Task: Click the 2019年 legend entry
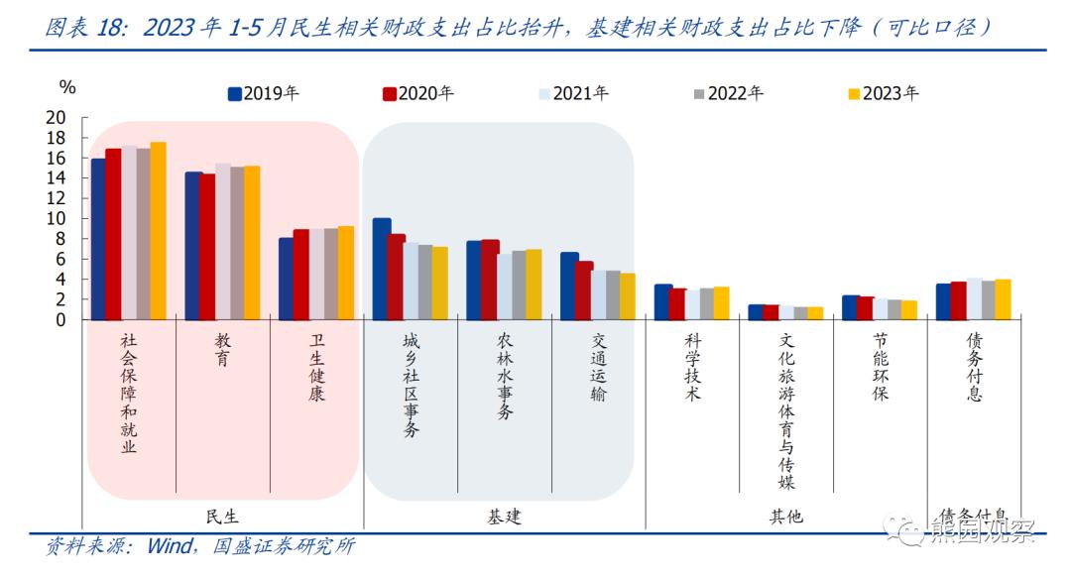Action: [x=264, y=94]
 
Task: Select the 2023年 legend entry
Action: [x=883, y=94]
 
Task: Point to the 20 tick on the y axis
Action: [x=57, y=117]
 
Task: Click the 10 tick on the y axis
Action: [x=57, y=218]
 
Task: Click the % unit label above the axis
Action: [x=66, y=88]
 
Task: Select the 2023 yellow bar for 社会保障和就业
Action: [x=158, y=231]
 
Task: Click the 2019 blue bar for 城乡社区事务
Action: [x=382, y=269]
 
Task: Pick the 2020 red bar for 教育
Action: [x=207, y=247]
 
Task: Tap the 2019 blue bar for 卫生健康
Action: [x=286, y=279]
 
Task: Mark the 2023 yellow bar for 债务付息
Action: [x=1003, y=299]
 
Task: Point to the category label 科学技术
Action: [x=692, y=367]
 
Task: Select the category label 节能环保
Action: [x=881, y=367]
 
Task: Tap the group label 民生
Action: [x=222, y=517]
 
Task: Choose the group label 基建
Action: [x=504, y=517]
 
